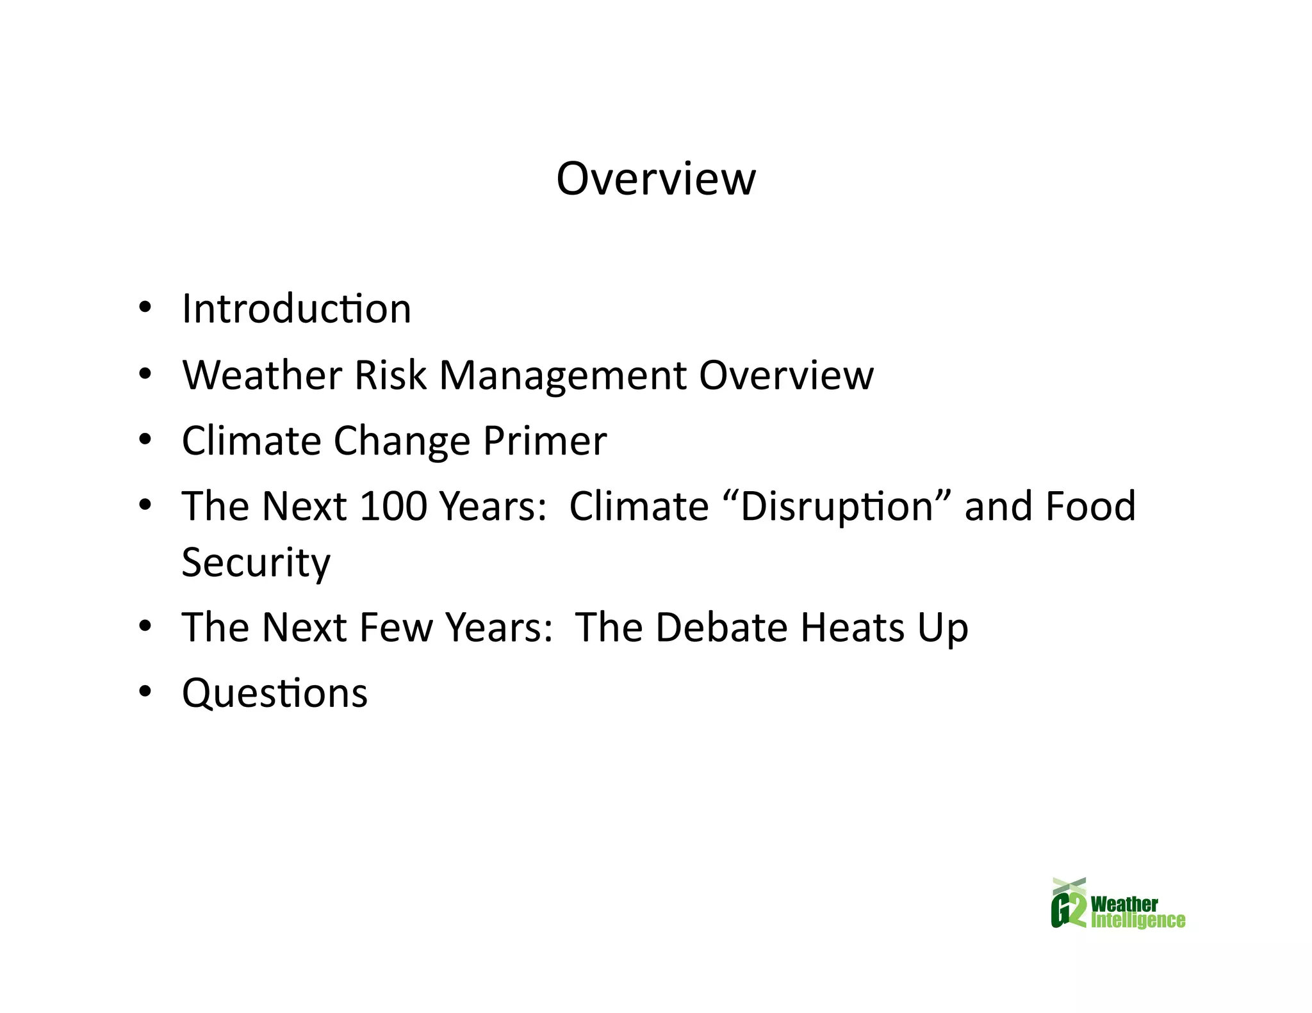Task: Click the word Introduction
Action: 296,309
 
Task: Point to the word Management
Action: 562,376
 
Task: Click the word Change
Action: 402,442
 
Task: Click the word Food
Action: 1090,506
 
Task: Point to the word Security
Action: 256,562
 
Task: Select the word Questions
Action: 275,693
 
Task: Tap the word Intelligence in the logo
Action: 1138,921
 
